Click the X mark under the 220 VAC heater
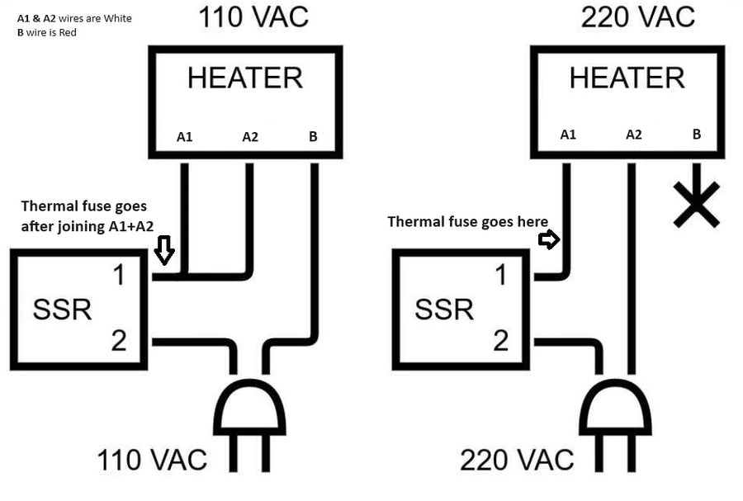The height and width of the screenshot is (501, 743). coord(696,206)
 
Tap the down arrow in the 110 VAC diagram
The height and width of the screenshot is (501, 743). coord(164,250)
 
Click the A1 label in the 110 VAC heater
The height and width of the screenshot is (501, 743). coord(185,137)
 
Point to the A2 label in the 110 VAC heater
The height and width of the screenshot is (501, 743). coord(250,137)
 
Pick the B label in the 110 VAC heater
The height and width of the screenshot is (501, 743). coord(313,137)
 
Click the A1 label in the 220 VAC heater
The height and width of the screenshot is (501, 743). coord(568,135)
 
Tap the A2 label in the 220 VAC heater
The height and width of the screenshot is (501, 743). coord(633,135)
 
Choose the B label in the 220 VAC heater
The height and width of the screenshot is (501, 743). coord(697,135)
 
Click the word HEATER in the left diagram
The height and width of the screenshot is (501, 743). coord(245,78)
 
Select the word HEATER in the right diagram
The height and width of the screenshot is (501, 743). coord(627,78)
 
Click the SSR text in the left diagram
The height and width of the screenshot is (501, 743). coord(62,310)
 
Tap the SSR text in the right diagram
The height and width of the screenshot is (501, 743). coord(444,310)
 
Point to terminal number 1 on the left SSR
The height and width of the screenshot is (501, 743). coord(119,276)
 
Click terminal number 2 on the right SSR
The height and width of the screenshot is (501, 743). coord(501,339)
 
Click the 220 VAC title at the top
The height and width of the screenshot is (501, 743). coord(637,16)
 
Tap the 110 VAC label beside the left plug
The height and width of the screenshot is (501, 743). coord(152,460)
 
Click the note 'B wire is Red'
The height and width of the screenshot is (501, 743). coord(47,32)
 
